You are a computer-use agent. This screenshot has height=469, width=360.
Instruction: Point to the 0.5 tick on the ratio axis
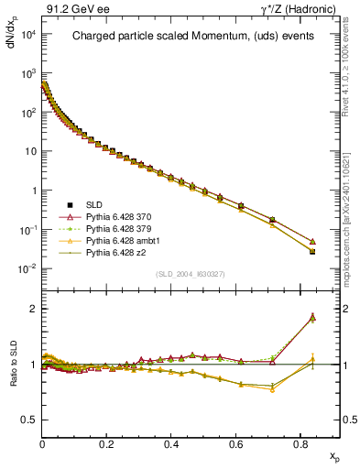tap(30, 420)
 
